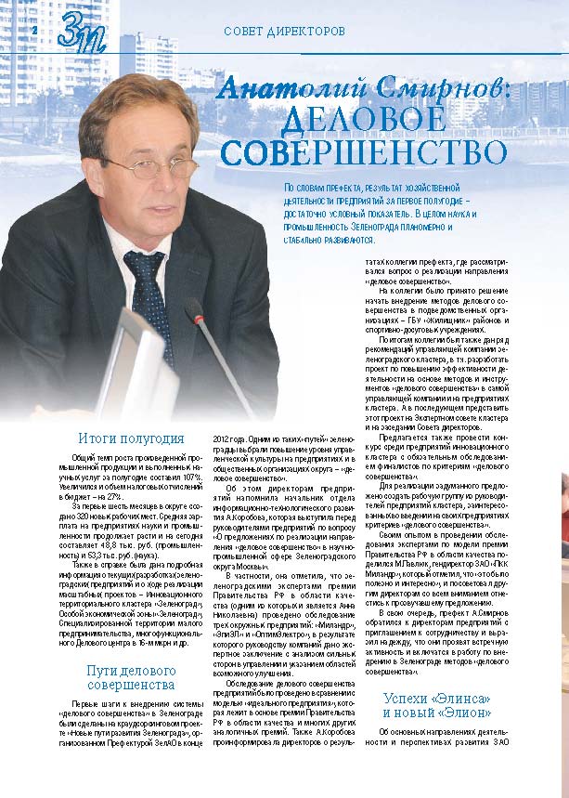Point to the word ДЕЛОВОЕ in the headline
367,119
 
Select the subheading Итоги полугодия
131,438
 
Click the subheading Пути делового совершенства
131,677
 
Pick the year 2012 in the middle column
226,438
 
